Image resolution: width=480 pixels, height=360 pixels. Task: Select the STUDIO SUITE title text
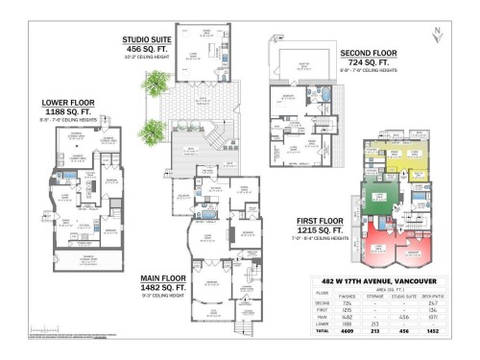[x=147, y=40]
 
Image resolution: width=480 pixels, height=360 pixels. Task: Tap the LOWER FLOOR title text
[x=68, y=102]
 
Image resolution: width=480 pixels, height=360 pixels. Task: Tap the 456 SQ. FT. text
[x=147, y=49]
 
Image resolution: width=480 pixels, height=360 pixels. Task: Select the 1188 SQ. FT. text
[x=68, y=111]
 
